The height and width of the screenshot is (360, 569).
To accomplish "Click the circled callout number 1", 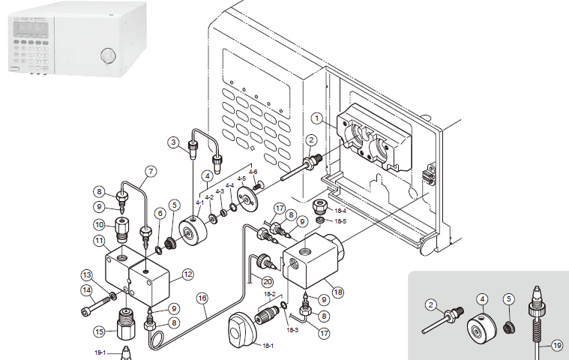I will (x=317, y=118).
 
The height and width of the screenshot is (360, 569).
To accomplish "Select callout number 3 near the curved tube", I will (x=172, y=142).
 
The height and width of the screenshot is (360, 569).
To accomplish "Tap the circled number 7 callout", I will (x=150, y=172).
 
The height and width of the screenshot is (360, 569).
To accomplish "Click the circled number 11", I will (x=99, y=241).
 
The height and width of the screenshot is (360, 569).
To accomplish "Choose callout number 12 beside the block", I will (x=185, y=275).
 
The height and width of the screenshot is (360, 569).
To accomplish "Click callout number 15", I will (x=100, y=332).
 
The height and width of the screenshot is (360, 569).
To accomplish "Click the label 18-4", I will (x=340, y=211).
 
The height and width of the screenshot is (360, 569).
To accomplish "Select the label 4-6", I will (x=253, y=172).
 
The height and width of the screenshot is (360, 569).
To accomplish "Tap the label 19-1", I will (x=100, y=352).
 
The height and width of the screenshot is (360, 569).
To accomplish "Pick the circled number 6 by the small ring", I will (x=159, y=214).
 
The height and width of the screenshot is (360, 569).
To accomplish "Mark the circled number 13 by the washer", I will (x=86, y=274).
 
